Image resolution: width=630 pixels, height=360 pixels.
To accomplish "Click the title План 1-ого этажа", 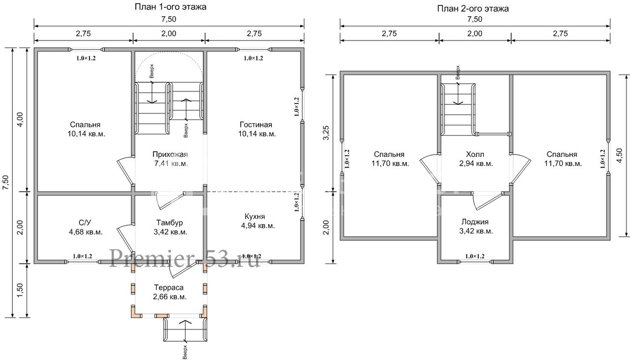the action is [170, 7].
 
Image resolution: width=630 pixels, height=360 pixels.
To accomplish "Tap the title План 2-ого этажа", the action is [473, 9].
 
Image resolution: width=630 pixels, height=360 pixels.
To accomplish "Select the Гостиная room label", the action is [256, 125].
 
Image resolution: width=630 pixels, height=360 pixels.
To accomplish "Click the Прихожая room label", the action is [170, 154].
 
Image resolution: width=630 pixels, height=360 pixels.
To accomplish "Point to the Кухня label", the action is [255, 217].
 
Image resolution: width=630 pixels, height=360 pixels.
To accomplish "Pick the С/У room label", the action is [85, 223].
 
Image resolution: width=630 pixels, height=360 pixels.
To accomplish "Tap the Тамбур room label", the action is [170, 223].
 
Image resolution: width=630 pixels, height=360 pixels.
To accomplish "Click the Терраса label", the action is [169, 288].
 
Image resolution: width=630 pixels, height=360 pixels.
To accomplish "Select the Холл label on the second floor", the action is [475, 154].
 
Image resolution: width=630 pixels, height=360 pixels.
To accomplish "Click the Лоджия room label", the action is [475, 222].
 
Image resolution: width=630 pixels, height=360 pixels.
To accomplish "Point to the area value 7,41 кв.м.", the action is [171, 164].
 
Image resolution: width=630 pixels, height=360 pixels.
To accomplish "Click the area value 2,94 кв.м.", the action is [476, 164].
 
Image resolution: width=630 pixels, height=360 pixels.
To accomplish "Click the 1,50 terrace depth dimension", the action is [20, 291].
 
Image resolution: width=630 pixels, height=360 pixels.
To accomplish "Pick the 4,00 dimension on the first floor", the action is [20, 120].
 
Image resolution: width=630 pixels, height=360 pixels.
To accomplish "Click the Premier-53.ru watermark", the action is [184, 259].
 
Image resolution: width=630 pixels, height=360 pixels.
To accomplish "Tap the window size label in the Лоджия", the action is [475, 257].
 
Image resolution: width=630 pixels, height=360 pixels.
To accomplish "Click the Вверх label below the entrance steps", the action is [185, 352].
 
